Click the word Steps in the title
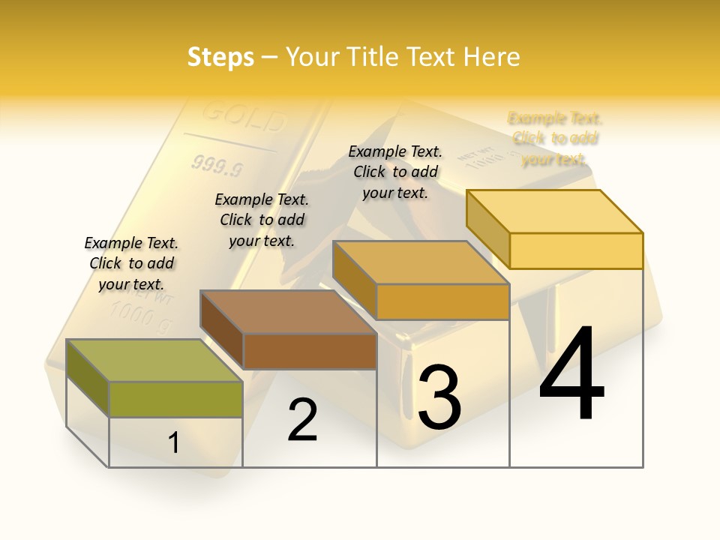click(220, 57)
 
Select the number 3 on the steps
click(439, 397)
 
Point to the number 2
click(303, 421)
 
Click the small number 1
click(174, 442)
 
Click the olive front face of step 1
click(175, 399)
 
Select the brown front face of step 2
click(310, 351)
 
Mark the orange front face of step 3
click(442, 302)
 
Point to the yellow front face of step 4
click(576, 250)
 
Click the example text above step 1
click(131, 263)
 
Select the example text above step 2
click(262, 220)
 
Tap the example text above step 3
click(395, 172)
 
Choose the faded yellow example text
click(555, 139)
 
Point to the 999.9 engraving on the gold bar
click(217, 165)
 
